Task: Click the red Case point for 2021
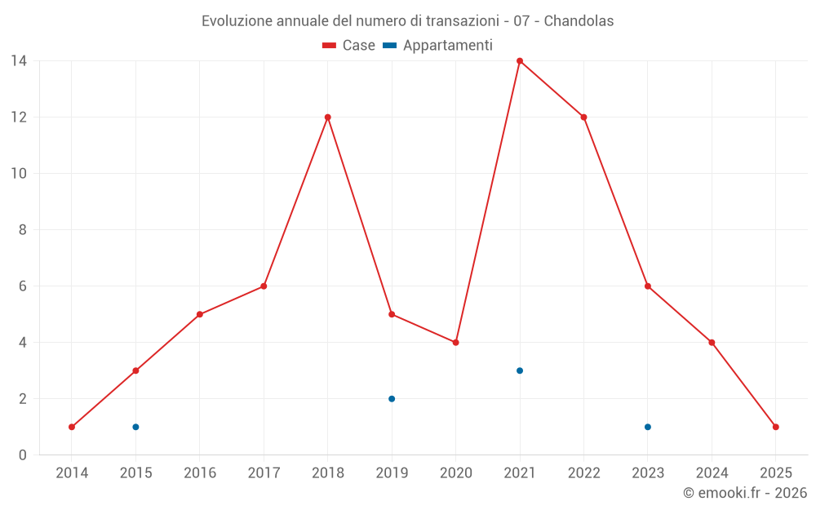click(520, 61)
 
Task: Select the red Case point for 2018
click(328, 118)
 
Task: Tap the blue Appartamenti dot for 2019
click(392, 399)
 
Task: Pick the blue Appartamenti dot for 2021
click(520, 370)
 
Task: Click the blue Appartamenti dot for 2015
click(135, 427)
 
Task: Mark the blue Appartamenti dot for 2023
click(648, 427)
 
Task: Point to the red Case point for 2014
click(72, 427)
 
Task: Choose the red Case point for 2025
click(776, 427)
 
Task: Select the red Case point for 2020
click(456, 343)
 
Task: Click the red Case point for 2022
click(583, 118)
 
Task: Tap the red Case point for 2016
click(200, 314)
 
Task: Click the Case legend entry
click(349, 46)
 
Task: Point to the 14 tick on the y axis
click(19, 61)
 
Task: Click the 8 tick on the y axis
click(23, 230)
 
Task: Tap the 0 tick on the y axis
click(23, 455)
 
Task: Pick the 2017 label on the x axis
click(264, 473)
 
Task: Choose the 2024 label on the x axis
click(712, 473)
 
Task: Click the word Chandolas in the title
click(579, 21)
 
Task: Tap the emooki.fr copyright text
click(745, 493)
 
